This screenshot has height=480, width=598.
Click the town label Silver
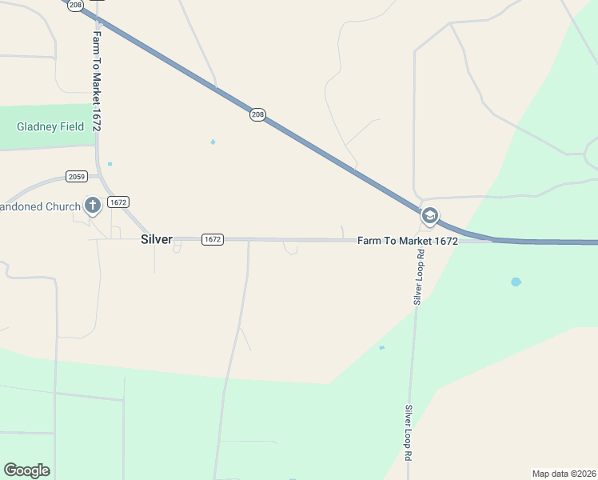coord(156,239)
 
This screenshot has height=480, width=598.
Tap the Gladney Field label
coord(50,126)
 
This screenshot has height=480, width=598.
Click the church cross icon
coord(92,206)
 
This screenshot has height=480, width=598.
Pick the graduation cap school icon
coord(429,216)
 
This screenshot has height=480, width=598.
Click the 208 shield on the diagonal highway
coord(257,115)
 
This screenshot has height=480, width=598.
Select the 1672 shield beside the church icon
coord(118,202)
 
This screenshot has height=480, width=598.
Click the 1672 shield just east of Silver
coord(212,239)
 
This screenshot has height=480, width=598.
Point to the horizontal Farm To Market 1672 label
coord(407,240)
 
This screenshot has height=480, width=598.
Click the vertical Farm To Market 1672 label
coord(97,82)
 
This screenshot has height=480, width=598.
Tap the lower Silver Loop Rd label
coord(408,431)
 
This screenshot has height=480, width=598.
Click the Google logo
coord(26,470)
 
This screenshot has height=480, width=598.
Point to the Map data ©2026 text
coord(564,473)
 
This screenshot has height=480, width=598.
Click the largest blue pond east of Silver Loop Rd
coord(516,282)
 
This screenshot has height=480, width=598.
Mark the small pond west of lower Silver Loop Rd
coord(381,347)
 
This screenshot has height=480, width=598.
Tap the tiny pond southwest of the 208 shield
coord(213,142)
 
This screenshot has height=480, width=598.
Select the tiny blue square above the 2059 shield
coord(110,164)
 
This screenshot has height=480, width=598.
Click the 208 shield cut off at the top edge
coord(76,4)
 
